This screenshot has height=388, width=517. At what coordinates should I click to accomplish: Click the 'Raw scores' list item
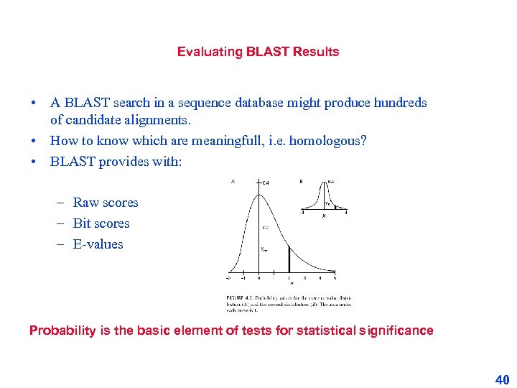pos(106,203)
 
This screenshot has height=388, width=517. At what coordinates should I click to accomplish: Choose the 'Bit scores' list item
pos(101,223)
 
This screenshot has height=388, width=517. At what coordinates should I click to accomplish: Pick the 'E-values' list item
pos(98,244)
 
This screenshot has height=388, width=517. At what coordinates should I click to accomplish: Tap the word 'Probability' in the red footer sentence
pos(62,331)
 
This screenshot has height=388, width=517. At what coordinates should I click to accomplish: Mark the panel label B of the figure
pos(300,181)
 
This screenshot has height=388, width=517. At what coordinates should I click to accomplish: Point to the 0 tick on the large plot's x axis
pos(258,277)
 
